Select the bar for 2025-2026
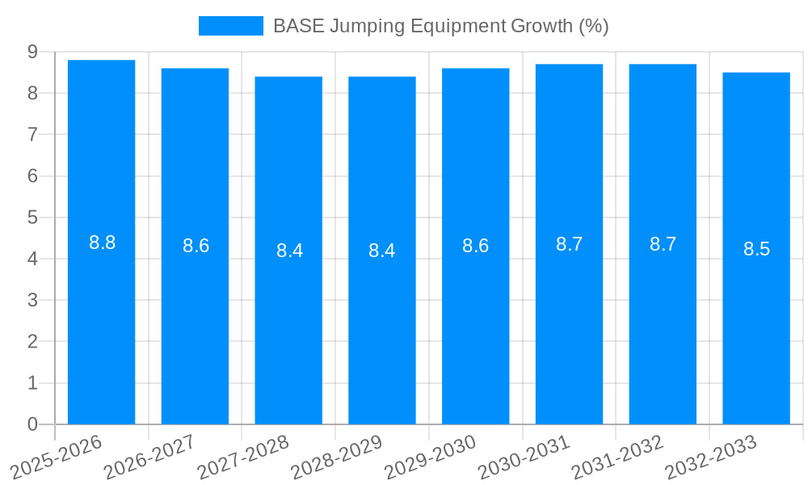pos(101,323)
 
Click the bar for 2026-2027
pos(195,323)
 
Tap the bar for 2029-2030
pos(475,323)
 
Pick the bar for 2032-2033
pos(756,323)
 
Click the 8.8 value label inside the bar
pos(103,242)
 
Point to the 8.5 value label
pos(757,249)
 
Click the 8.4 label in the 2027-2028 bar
pos(289,251)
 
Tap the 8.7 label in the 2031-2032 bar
pos(663,244)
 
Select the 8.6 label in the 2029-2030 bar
pos(476,247)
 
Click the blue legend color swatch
pos(231,26)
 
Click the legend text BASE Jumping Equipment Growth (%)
pos(440,26)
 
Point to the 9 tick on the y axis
pos(32,52)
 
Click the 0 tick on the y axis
pos(32,424)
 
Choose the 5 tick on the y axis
pos(32,217)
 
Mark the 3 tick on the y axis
pos(32,301)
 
